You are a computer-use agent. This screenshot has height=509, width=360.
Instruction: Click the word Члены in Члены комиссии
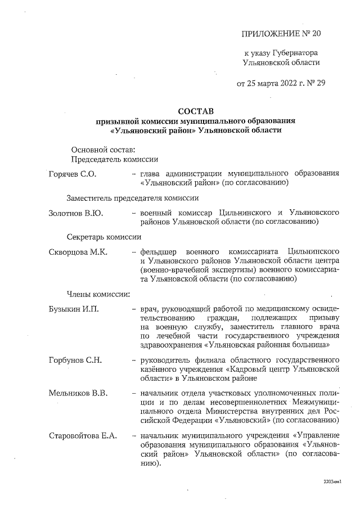pyautogui.click(x=79, y=293)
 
